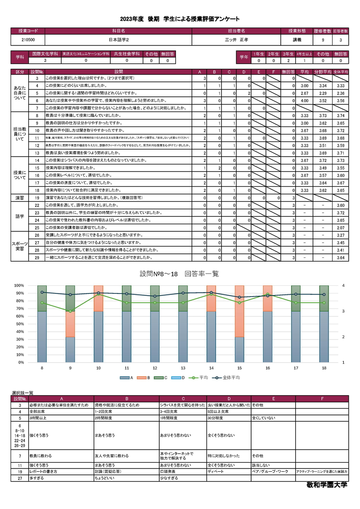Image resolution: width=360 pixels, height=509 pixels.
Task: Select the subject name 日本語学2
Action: (x=118, y=40)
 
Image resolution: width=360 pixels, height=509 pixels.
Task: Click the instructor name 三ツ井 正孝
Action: (x=237, y=40)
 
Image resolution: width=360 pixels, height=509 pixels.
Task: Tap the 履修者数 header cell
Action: (x=323, y=31)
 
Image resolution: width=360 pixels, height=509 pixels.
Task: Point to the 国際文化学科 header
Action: (x=45, y=54)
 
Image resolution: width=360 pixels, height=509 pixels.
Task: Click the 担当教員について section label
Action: (x=20, y=133)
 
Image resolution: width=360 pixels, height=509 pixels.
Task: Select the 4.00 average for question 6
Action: (x=304, y=100)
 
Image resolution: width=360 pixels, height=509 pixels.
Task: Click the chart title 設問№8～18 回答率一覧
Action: (x=180, y=274)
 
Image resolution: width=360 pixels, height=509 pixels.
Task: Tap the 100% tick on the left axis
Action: (x=19, y=285)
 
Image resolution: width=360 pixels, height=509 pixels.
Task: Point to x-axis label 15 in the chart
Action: (x=239, y=368)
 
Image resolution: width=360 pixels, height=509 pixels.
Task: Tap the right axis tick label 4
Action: (x=343, y=285)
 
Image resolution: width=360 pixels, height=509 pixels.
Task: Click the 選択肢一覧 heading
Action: (x=22, y=393)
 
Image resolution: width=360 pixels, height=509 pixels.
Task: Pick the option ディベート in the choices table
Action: (x=215, y=471)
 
